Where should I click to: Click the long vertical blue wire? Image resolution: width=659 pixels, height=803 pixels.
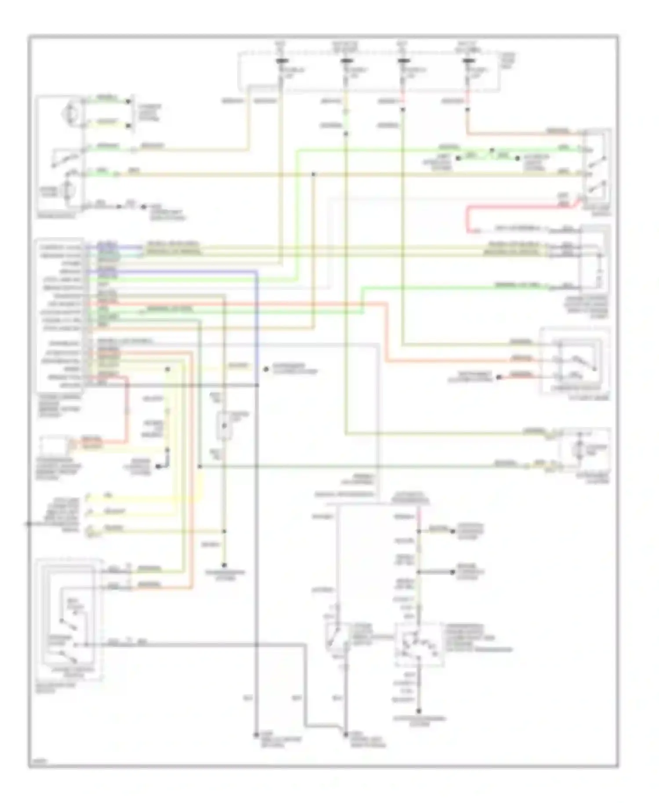pos(256,325)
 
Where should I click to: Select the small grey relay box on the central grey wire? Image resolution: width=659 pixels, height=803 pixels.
pos(224,426)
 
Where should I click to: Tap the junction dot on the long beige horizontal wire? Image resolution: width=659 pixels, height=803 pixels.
pos(313,174)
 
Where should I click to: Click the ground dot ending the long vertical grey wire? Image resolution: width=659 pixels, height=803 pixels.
pos(255,734)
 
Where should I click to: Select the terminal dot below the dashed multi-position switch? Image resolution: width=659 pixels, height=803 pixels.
pos(419,711)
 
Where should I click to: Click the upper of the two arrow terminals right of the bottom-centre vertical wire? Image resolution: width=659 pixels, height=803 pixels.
pos(453,531)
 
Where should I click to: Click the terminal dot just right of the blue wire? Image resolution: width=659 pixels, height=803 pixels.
pos(266,369)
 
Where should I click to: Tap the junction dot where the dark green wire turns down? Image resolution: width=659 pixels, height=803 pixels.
pos(199,466)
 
